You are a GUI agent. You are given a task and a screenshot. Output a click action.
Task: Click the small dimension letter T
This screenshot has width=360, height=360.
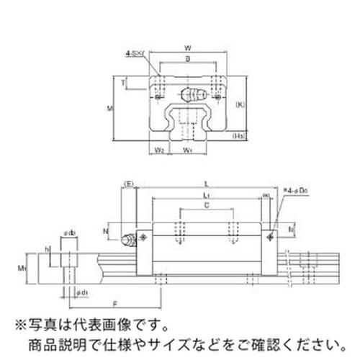122,84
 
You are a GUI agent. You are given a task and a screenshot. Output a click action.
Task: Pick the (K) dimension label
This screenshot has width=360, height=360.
240,104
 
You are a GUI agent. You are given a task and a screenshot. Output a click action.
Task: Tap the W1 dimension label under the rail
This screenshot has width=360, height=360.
188,150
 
